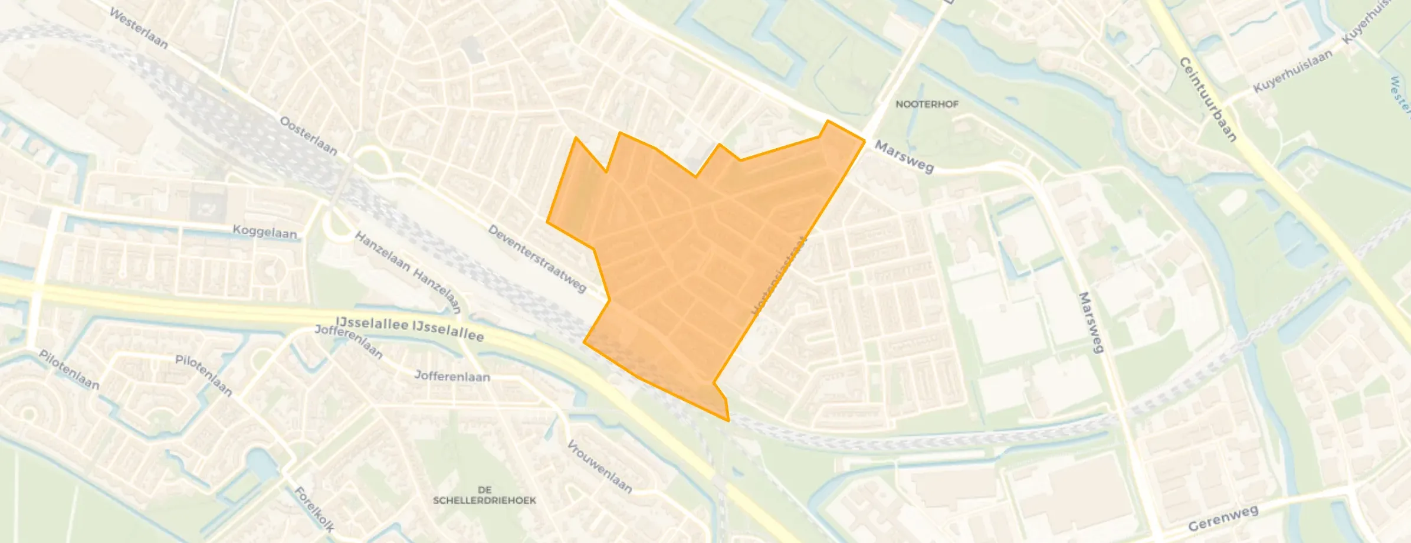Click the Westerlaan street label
(x=139, y=28)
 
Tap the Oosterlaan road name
(x=309, y=136)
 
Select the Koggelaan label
(x=265, y=231)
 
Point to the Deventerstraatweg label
(x=537, y=258)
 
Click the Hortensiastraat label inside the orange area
(x=779, y=276)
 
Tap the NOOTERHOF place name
(x=927, y=104)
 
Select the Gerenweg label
(x=1223, y=518)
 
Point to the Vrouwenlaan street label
(x=599, y=466)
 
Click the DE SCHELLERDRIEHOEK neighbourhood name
(x=484, y=495)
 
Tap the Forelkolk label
(x=314, y=509)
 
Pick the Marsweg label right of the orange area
(x=904, y=156)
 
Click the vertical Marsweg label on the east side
(x=1091, y=322)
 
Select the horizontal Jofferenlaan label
(x=452, y=376)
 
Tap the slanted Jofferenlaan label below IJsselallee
(x=349, y=341)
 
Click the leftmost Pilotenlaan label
(x=69, y=369)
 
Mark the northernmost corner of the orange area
(x=828, y=121)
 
